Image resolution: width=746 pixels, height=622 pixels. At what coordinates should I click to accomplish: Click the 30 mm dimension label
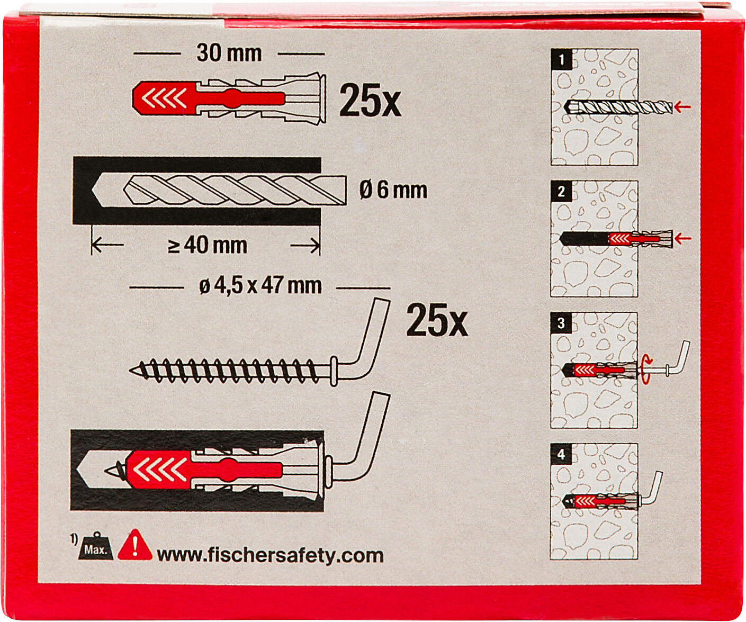coord(229,53)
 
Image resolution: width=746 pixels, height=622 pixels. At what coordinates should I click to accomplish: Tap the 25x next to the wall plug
coord(370,101)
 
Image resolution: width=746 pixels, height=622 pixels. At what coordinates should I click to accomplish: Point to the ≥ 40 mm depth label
coord(208,246)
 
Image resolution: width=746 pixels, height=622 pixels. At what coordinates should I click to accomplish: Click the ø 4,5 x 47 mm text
coord(260,286)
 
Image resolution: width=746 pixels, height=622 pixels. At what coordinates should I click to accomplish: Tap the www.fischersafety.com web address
coord(270,556)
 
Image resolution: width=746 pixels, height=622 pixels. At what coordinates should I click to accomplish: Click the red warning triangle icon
coord(134,546)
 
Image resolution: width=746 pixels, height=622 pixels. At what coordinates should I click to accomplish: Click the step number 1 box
coord(561,59)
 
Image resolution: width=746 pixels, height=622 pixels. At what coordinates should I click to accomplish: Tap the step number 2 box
coord(561,191)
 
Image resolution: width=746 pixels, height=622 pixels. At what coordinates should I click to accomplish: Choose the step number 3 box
coord(561,322)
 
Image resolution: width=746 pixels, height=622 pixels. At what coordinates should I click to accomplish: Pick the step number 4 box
coord(561,454)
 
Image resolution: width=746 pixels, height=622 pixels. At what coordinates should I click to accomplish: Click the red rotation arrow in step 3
coord(645,369)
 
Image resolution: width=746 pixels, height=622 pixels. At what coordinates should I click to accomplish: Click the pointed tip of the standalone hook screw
coord(130,371)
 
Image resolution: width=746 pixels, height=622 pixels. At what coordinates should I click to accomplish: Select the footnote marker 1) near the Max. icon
coord(74,539)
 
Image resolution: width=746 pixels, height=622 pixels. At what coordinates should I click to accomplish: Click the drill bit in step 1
coord(618,107)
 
